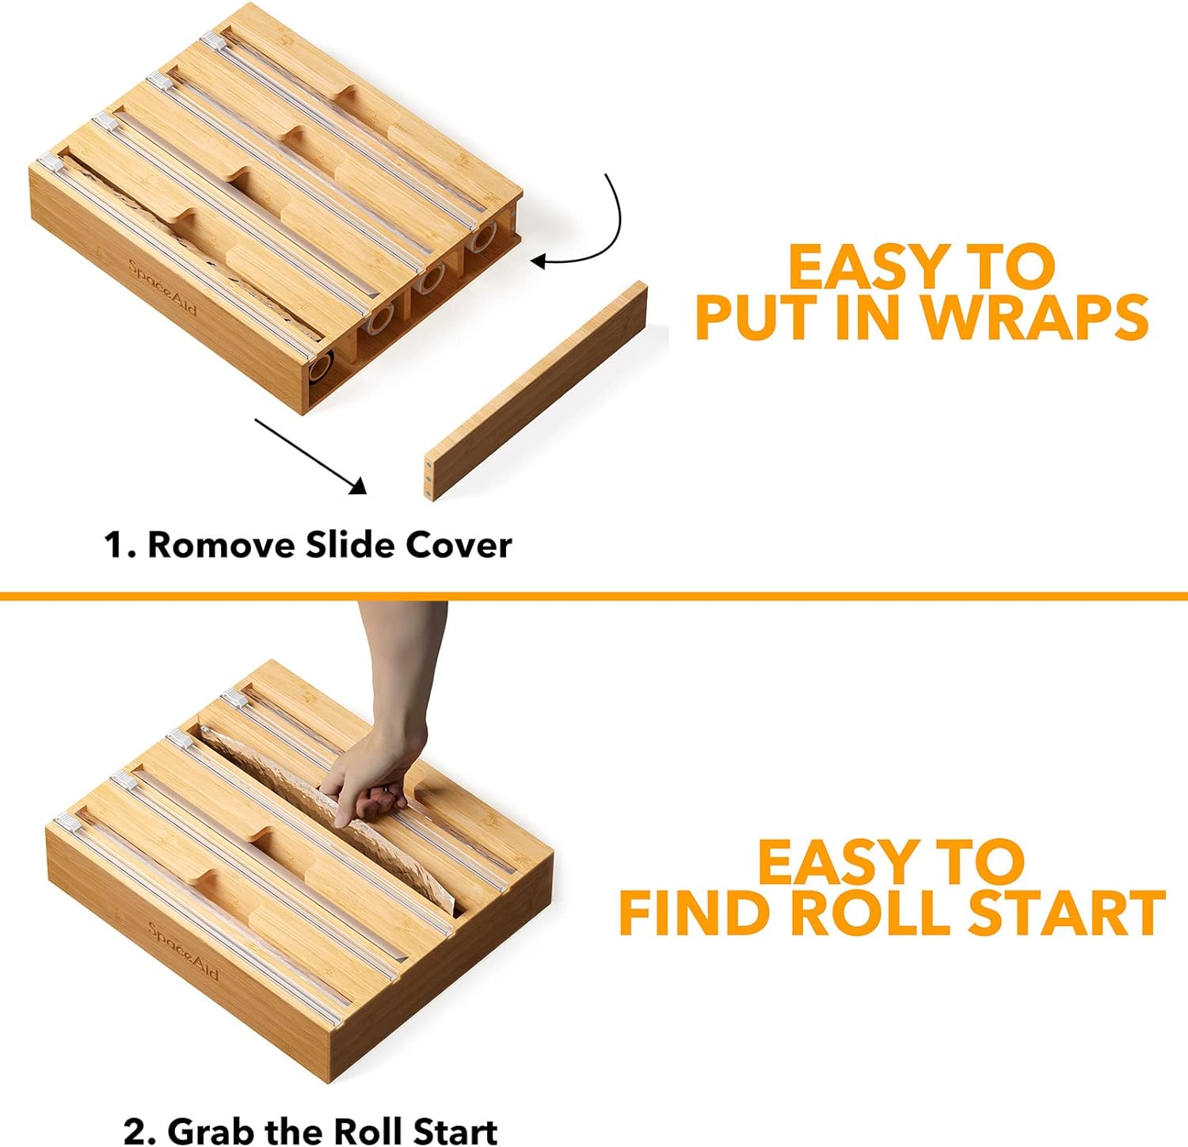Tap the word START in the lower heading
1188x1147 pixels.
1067,913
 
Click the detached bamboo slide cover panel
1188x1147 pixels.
536,390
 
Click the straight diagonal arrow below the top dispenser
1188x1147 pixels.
310,456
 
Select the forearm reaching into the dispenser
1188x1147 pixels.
400,665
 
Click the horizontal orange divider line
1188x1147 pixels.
594,596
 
